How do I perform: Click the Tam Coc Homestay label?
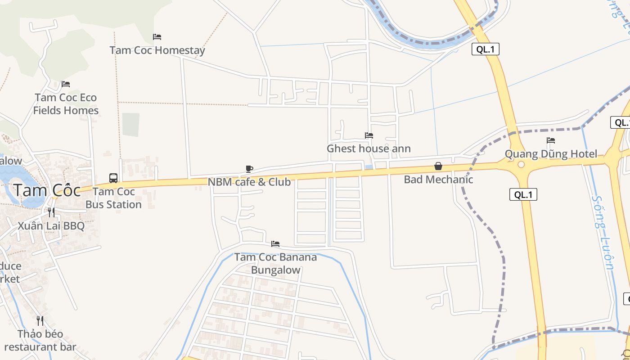coord(157,50)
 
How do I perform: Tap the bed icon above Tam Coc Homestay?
coord(157,36)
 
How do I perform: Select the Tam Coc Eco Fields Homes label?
coord(66,104)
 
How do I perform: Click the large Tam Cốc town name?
coord(47,190)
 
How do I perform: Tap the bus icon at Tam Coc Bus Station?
coord(113,178)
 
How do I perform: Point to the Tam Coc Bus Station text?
coord(113,198)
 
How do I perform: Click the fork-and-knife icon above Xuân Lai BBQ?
coord(51,212)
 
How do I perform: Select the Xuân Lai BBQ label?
coord(51,225)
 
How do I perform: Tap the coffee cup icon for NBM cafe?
coord(249,169)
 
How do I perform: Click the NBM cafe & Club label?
coord(249,182)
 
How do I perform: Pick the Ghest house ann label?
coord(369,148)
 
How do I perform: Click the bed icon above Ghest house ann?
coord(369,135)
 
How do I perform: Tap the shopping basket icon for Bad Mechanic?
coord(438,166)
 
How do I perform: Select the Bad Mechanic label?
coord(438,180)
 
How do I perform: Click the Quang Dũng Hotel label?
coord(551,154)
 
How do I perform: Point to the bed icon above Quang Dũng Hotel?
coord(551,140)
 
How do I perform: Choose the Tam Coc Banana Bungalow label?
coord(275,263)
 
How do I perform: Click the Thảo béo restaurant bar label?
coord(40,340)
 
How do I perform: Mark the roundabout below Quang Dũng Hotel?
coord(521,165)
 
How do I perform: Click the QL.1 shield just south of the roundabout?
coord(523,194)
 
